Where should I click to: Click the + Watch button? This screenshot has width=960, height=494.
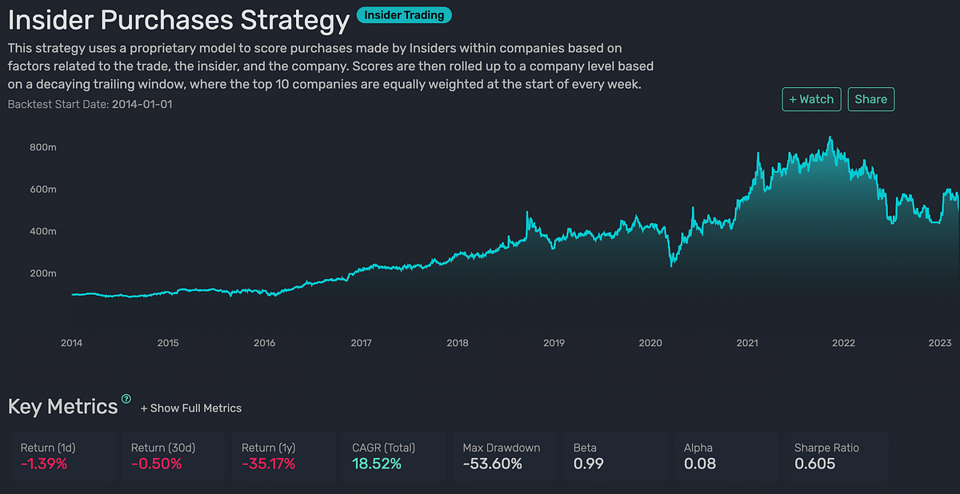[x=811, y=99]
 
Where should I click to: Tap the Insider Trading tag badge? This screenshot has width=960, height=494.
[x=405, y=14]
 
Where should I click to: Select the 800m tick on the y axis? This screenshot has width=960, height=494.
[x=42, y=148]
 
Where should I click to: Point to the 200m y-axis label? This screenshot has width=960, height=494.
[x=42, y=273]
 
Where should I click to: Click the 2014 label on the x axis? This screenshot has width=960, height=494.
[x=71, y=343]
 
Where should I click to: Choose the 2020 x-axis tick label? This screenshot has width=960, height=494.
[x=650, y=343]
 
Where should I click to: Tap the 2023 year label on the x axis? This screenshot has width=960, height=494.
[x=939, y=343]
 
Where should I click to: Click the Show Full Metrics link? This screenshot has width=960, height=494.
[x=191, y=408]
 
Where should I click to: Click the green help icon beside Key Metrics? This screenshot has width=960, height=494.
[x=126, y=399]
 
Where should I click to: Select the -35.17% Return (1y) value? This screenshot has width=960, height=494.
[x=268, y=464]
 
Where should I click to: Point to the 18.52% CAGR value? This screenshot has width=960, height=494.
[x=377, y=464]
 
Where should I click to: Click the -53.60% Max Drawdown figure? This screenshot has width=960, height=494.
[x=493, y=464]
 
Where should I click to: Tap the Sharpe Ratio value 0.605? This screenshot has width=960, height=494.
[x=814, y=464]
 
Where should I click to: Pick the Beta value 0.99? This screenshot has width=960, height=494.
[x=589, y=464]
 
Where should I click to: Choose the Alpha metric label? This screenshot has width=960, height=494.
[x=698, y=448]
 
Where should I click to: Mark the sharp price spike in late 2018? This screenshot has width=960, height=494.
[x=527, y=213]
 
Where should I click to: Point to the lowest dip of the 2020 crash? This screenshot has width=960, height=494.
[x=670, y=265]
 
